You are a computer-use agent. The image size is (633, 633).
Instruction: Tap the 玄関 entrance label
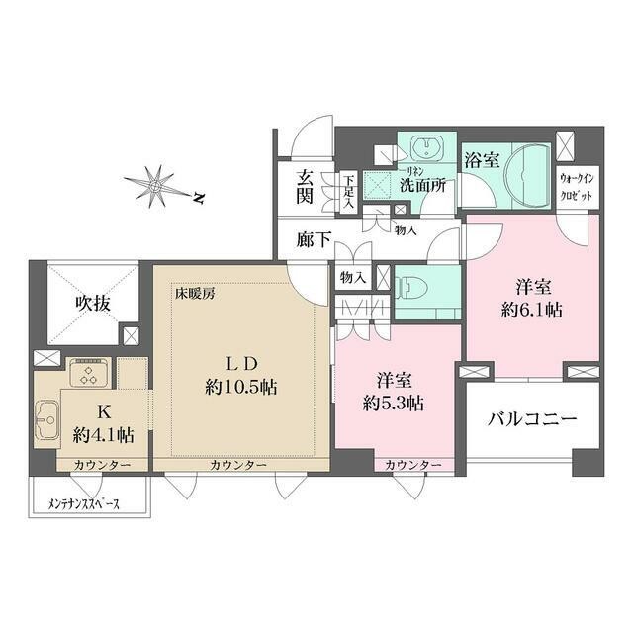(304, 187)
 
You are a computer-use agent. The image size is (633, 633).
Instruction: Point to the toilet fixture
(407, 288)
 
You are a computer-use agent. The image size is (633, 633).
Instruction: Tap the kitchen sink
(46, 422)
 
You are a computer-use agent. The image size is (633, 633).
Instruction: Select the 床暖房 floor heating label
(196, 293)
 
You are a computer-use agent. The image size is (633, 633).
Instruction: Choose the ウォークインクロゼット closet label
(577, 187)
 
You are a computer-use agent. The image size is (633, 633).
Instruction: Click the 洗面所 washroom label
(424, 184)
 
